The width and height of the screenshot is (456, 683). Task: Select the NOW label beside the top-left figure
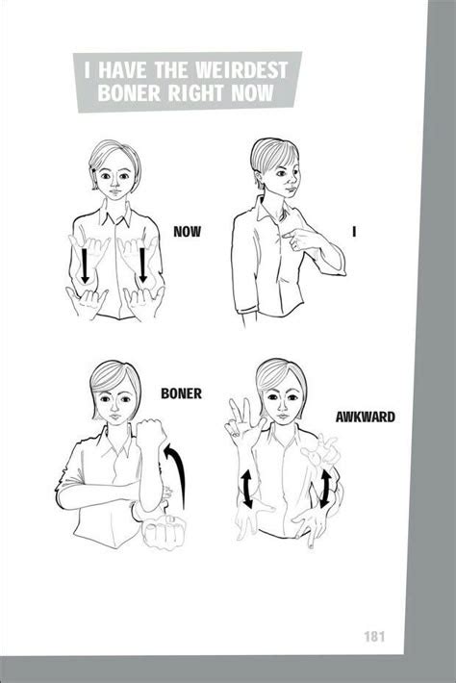click(187, 231)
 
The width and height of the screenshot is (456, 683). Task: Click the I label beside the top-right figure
click(355, 231)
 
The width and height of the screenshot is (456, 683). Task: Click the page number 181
click(376, 637)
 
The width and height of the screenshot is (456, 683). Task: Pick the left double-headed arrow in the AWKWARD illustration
click(247, 488)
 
